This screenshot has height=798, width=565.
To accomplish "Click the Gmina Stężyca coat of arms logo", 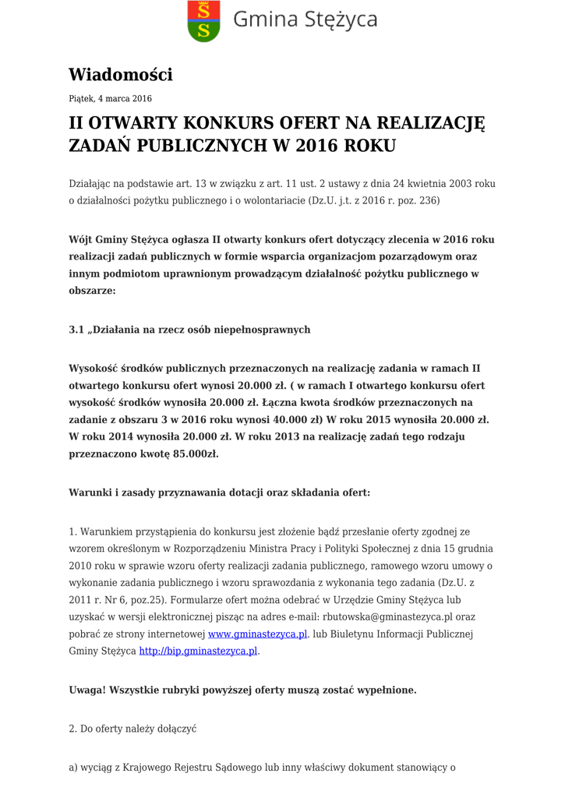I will [203, 21].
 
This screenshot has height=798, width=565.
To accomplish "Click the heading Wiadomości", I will [120, 75].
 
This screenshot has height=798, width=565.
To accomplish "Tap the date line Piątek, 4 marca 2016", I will [110, 99].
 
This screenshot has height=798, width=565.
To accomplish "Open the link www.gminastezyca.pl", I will [258, 634].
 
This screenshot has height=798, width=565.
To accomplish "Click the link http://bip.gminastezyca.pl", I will [198, 651].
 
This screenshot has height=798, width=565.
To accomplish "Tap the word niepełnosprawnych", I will [267, 330].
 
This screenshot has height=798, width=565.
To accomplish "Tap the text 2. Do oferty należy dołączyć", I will [132, 729].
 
